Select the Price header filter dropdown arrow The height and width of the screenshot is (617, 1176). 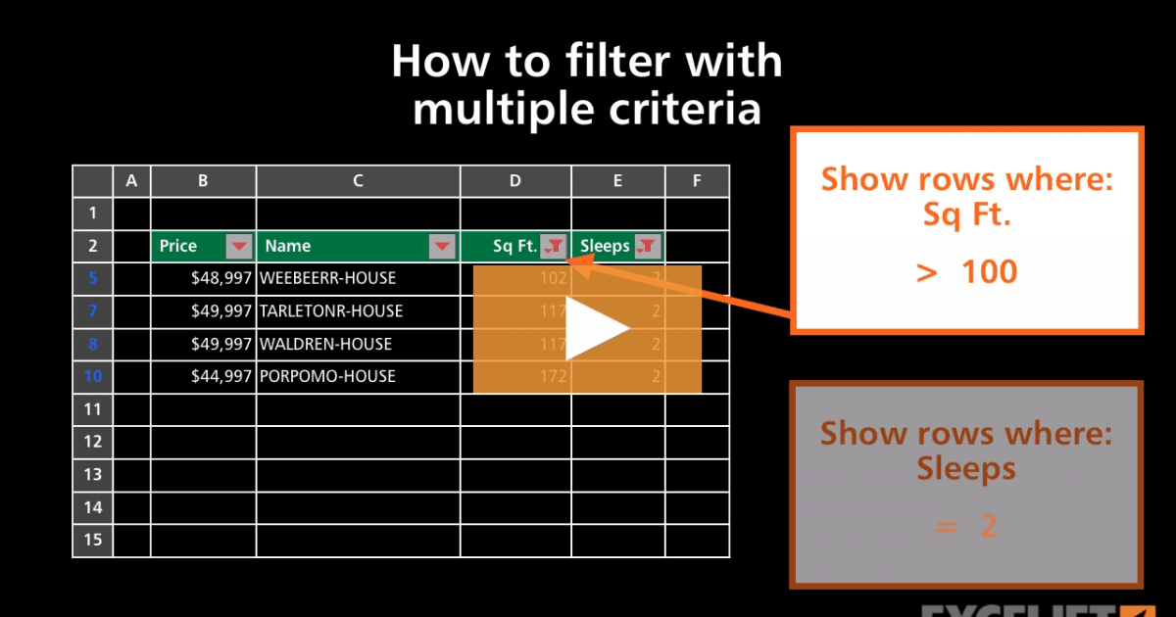[238, 246]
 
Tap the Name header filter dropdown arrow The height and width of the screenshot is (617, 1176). [442, 246]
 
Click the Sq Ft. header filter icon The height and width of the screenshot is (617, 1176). [555, 246]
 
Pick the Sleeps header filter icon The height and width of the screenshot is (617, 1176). [647, 246]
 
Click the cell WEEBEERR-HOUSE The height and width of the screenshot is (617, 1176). [327, 278]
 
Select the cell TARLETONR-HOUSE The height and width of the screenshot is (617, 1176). [330, 311]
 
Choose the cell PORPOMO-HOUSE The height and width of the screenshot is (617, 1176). [326, 376]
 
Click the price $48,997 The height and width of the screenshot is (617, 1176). [221, 278]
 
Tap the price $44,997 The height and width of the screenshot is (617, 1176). [221, 376]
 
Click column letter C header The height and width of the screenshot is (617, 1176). [358, 180]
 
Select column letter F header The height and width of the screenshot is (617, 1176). [696, 180]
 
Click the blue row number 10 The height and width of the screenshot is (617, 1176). [92, 376]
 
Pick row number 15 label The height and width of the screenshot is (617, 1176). [92, 540]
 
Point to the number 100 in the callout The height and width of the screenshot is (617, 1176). [989, 270]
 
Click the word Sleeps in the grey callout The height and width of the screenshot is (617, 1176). [966, 468]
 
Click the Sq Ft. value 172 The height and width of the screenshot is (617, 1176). [553, 376]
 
